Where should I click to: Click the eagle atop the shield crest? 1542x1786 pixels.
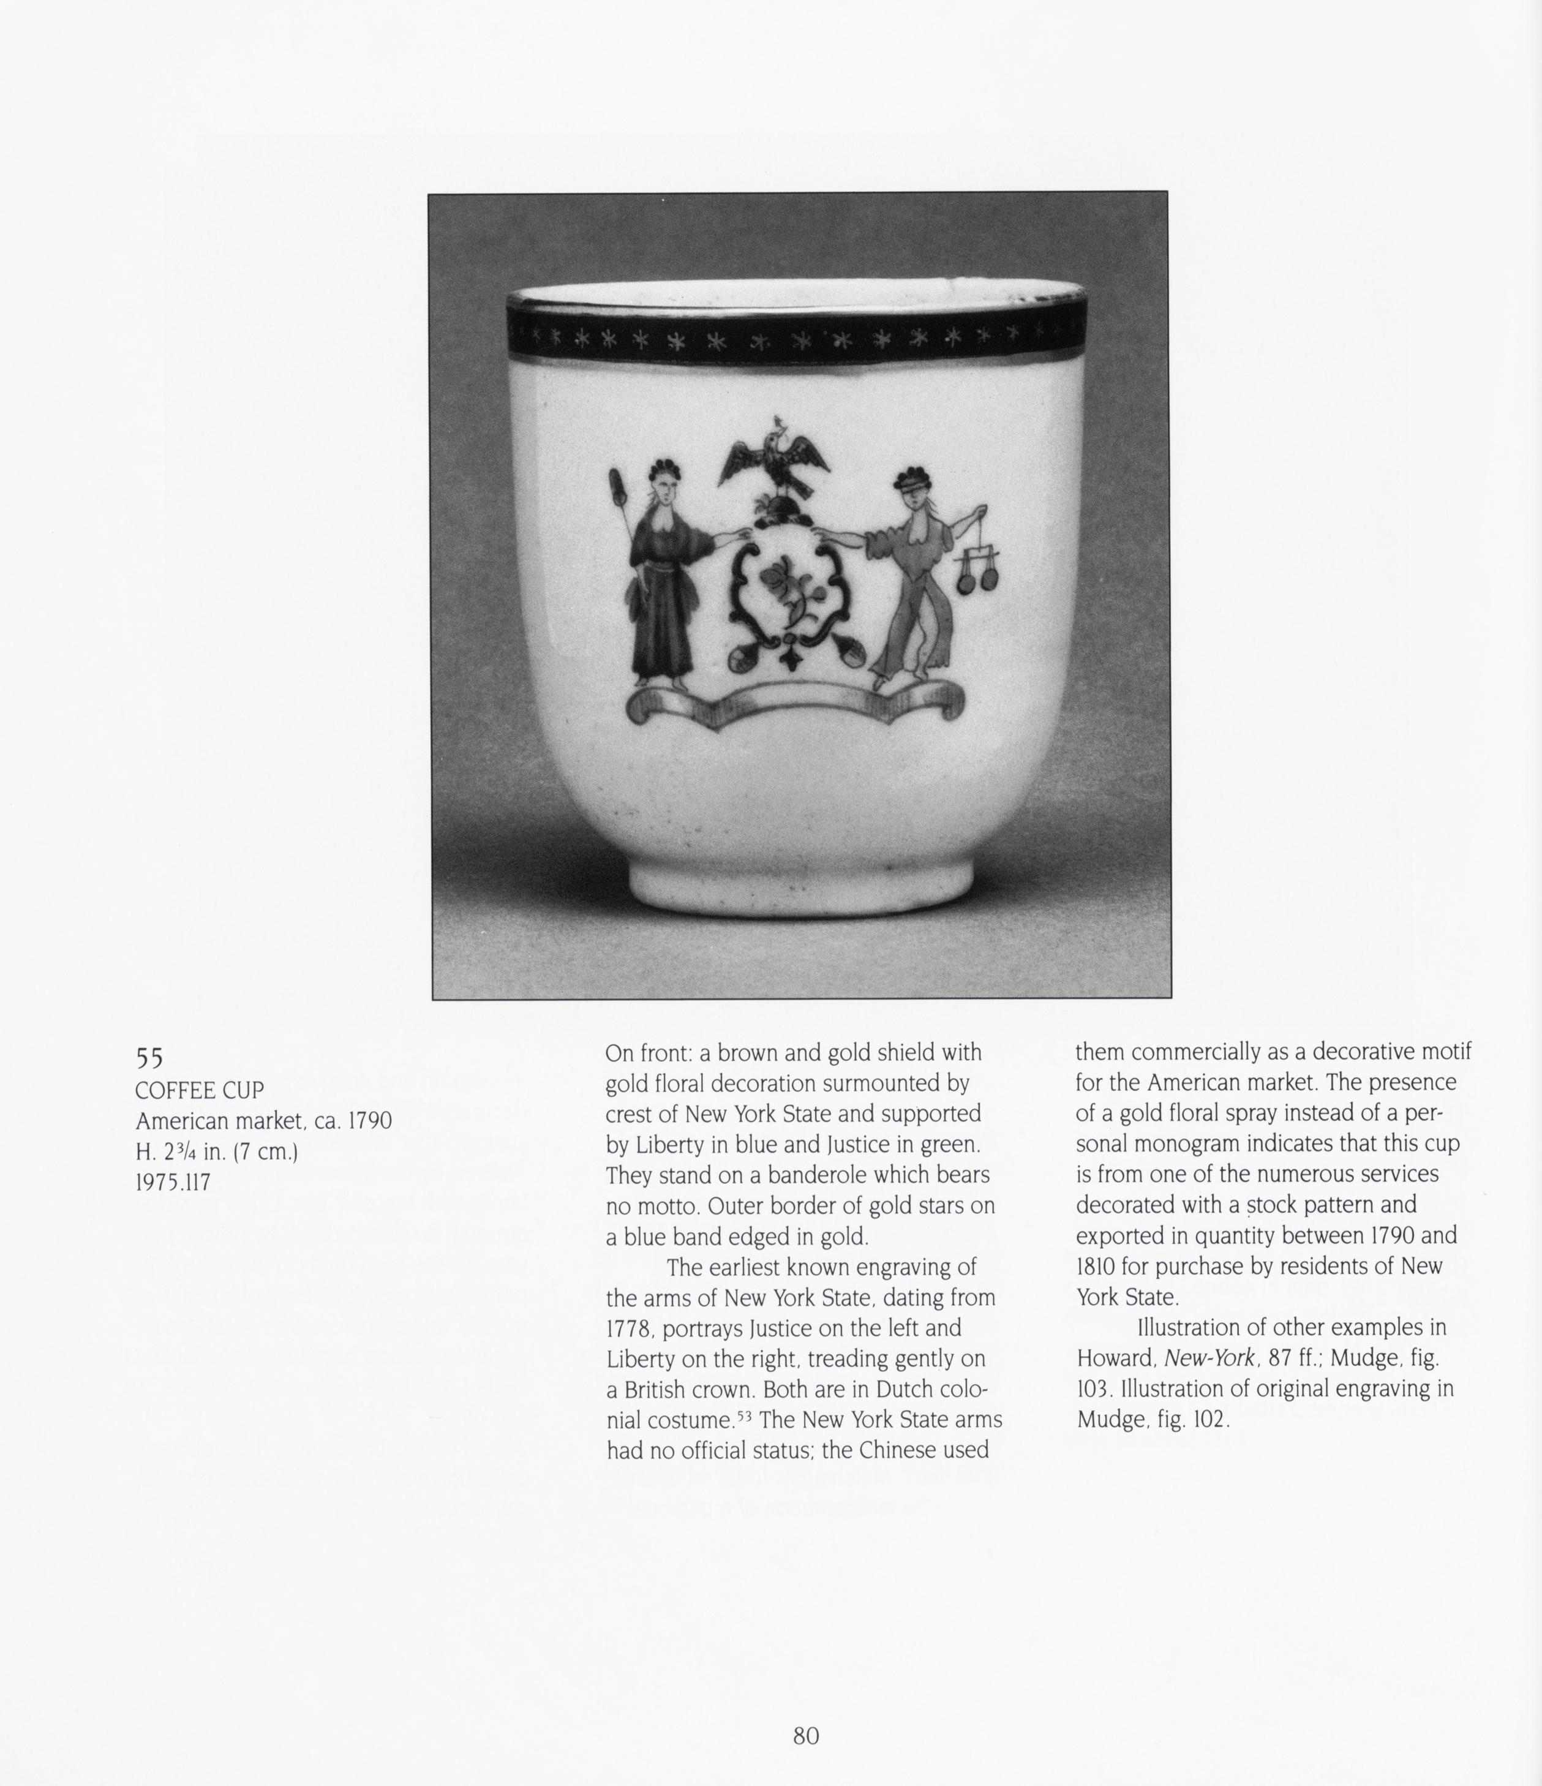(x=773, y=462)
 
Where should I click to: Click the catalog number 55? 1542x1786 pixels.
(x=149, y=1058)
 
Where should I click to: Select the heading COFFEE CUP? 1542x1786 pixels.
(x=199, y=1090)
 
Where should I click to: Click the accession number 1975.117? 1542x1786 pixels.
(x=172, y=1183)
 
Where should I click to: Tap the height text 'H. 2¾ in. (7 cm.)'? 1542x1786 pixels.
(x=216, y=1151)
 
